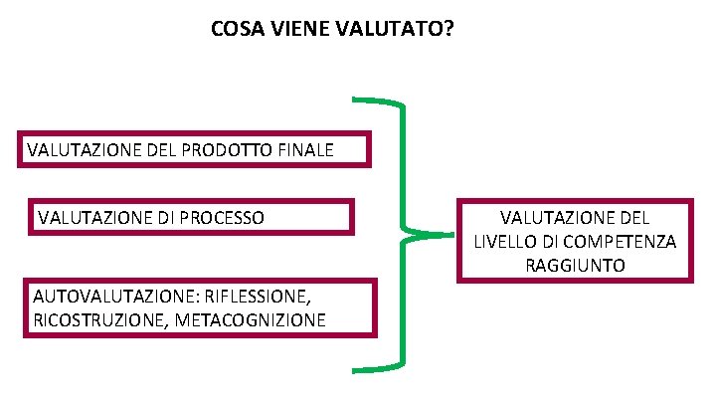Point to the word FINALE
point(305,152)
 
